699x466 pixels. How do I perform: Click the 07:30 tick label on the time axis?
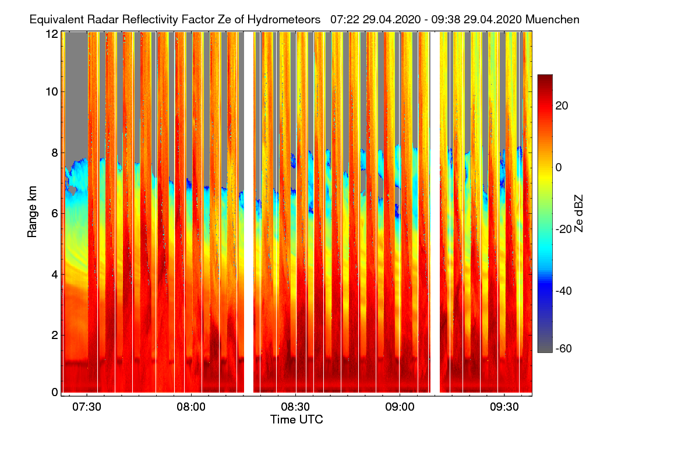(x=87, y=407)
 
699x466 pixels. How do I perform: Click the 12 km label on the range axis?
(x=52, y=34)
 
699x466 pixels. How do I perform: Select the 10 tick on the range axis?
(x=52, y=91)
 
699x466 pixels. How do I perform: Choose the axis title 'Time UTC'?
(x=296, y=419)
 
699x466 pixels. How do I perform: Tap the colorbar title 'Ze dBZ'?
(x=579, y=212)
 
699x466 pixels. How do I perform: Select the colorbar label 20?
(x=562, y=105)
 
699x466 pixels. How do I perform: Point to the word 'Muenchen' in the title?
(x=552, y=19)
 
